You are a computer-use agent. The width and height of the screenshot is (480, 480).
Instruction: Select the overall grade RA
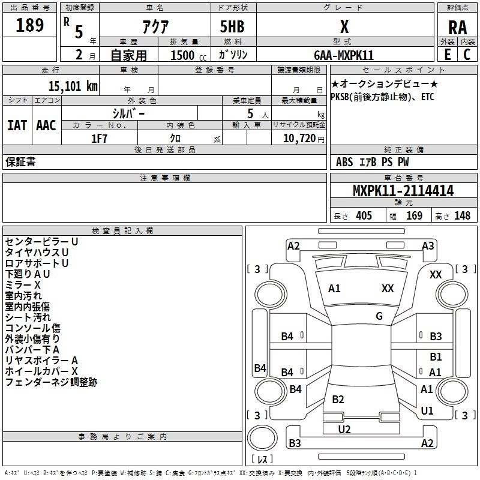pyautogui.click(x=457, y=28)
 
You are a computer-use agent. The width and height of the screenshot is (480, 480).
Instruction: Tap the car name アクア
pyautogui.click(x=154, y=26)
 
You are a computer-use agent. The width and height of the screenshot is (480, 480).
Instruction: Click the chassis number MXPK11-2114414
pyautogui.click(x=403, y=191)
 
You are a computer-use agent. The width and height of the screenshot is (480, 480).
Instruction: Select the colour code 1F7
pyautogui.click(x=99, y=138)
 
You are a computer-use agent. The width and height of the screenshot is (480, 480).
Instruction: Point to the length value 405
pyautogui.click(x=364, y=216)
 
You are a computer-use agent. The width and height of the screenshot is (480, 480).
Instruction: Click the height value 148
pyautogui.click(x=462, y=216)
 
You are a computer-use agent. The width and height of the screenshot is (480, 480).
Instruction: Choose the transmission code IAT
pyautogui.click(x=17, y=125)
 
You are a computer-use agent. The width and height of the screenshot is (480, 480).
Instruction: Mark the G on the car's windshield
pyautogui.click(x=379, y=316)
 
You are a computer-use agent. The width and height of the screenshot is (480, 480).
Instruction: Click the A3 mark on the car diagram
pyautogui.click(x=428, y=245)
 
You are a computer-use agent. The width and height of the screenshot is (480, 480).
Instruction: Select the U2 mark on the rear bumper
pyautogui.click(x=344, y=429)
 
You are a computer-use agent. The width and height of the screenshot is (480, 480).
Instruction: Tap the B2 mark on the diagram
pyautogui.click(x=338, y=400)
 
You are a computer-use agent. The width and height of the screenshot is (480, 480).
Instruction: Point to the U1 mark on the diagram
pyautogui.click(x=427, y=411)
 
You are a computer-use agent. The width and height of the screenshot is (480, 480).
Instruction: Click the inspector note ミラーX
pyautogui.click(x=23, y=284)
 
